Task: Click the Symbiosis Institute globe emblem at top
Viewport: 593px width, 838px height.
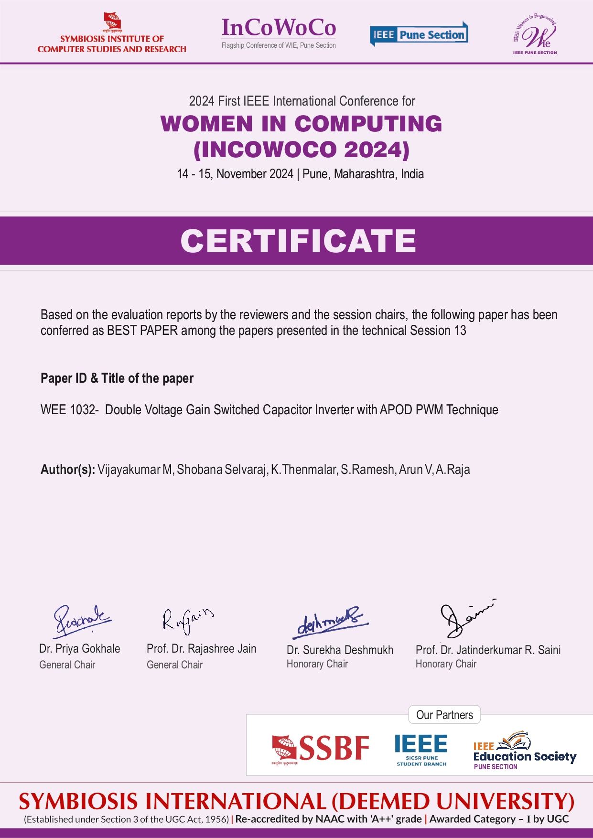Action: pyautogui.click(x=113, y=21)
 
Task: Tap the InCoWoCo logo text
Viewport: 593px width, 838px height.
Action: pyautogui.click(x=279, y=28)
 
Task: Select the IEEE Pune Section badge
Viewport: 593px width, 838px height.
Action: pyautogui.click(x=419, y=34)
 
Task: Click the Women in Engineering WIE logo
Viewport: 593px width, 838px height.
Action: pyautogui.click(x=535, y=34)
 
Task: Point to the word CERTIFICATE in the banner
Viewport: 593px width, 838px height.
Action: pyautogui.click(x=298, y=241)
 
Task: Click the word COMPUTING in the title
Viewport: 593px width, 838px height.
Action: pyautogui.click(x=368, y=124)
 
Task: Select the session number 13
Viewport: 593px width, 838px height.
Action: pyautogui.click(x=460, y=331)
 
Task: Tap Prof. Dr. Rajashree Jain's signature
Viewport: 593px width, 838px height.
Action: pyautogui.click(x=187, y=619)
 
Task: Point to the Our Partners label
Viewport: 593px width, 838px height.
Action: pyautogui.click(x=444, y=715)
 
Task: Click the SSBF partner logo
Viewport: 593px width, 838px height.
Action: pyautogui.click(x=321, y=749)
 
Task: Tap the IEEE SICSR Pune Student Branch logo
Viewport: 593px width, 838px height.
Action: pyautogui.click(x=421, y=749)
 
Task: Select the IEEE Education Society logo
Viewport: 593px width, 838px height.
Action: pyautogui.click(x=524, y=750)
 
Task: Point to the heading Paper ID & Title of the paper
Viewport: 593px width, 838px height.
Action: pyautogui.click(x=117, y=378)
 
